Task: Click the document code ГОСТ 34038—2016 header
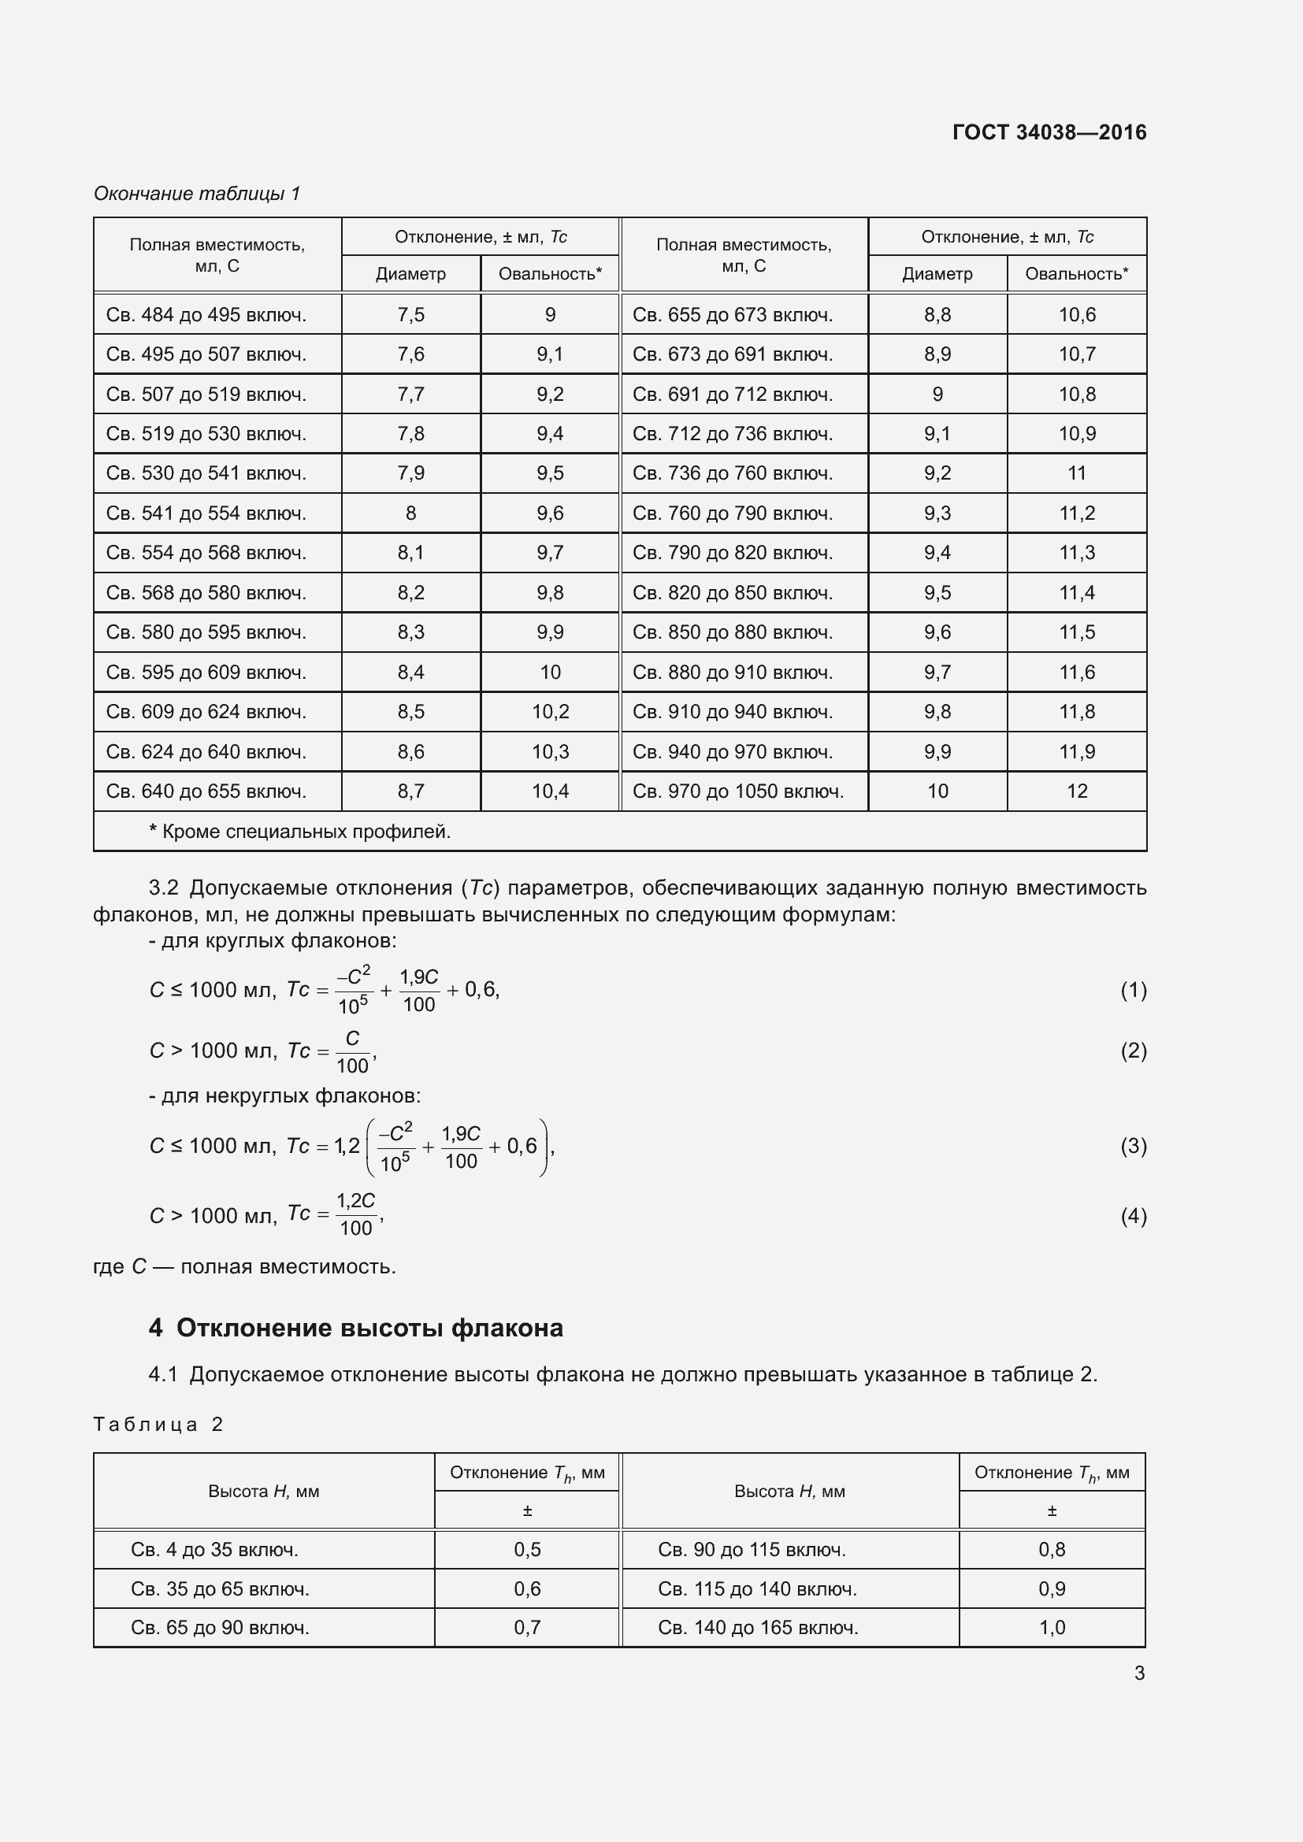(x=1049, y=132)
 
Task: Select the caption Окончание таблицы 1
(x=197, y=194)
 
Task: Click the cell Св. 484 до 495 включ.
(x=206, y=314)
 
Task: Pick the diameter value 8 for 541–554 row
(x=410, y=513)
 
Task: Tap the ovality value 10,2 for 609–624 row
(x=551, y=712)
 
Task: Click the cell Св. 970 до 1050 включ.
(x=738, y=791)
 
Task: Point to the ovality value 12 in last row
(x=1077, y=791)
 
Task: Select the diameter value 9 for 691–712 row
(x=937, y=394)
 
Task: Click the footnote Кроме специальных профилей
(x=300, y=831)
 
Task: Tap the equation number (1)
(x=1133, y=990)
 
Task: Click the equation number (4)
(x=1133, y=1216)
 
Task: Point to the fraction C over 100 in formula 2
(x=352, y=1052)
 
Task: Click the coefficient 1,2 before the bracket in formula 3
(x=347, y=1147)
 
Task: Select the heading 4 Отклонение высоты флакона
(x=355, y=1328)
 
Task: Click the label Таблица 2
(x=158, y=1424)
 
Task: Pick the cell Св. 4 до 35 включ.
(x=214, y=1549)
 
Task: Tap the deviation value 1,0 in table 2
(x=1051, y=1627)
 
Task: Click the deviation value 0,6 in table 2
(x=527, y=1588)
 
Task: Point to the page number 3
(x=1138, y=1673)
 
